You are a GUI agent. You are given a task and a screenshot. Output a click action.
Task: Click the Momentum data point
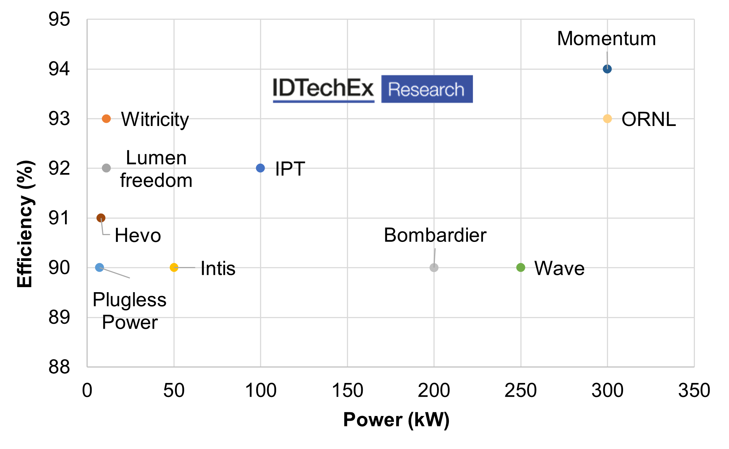click(607, 69)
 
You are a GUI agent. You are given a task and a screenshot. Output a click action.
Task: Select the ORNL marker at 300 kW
click(607, 119)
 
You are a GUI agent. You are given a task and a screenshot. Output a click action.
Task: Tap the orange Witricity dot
click(106, 119)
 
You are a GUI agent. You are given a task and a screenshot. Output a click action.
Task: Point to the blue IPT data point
click(260, 168)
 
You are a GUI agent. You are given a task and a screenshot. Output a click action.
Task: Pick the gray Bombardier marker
click(434, 267)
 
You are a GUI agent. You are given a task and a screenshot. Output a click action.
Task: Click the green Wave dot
click(520, 267)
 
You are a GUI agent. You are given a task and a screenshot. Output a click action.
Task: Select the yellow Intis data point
click(174, 267)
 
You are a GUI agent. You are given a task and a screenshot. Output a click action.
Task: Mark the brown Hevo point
click(101, 218)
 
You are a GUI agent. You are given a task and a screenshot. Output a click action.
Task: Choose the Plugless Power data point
click(99, 267)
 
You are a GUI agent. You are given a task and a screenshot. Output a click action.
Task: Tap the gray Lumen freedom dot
click(106, 168)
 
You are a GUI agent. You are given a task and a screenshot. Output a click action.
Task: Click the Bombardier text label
click(435, 235)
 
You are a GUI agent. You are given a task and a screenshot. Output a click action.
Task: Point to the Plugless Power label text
click(130, 311)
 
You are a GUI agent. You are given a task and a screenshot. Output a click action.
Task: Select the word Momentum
click(606, 39)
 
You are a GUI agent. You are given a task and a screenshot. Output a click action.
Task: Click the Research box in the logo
click(427, 89)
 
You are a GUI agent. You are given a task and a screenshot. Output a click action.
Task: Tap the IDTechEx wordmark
click(323, 88)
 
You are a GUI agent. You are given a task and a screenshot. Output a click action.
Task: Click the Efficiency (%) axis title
click(25, 224)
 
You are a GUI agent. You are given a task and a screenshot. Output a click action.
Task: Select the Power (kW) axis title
click(396, 420)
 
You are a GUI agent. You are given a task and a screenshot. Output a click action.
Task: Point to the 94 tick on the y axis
click(59, 69)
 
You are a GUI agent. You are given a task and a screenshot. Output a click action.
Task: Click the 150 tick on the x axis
click(347, 390)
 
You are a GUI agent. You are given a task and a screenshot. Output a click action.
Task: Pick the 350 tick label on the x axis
click(694, 390)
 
